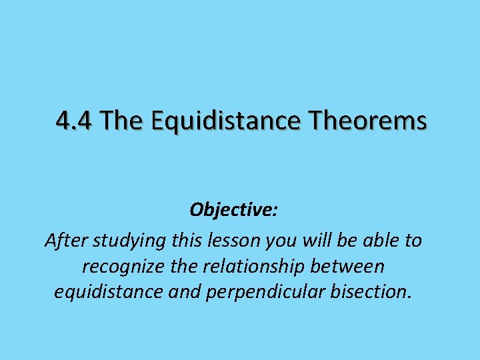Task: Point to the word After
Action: (x=65, y=240)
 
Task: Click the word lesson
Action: (x=228, y=240)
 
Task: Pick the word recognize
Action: (x=119, y=267)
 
